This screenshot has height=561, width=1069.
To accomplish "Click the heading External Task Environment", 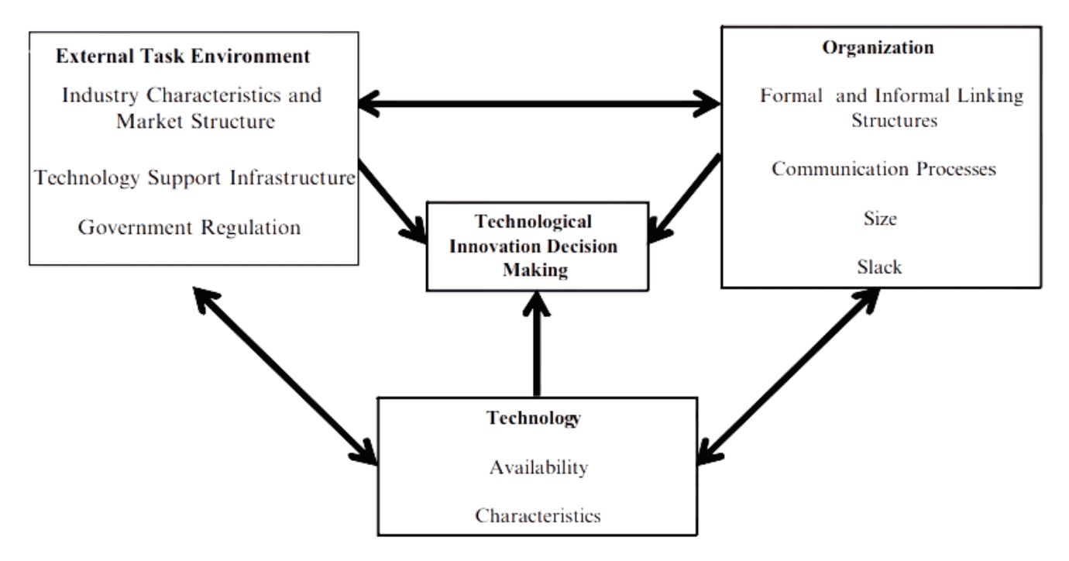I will pos(183,57).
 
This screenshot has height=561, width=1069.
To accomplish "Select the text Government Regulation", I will pos(190,228).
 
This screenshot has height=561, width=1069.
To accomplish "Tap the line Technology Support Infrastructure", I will pos(195,178).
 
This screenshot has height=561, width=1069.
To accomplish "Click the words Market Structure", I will pos(195,122).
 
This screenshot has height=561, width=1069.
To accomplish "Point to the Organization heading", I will pos(878,47).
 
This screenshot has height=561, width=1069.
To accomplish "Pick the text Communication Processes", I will pos(883,169).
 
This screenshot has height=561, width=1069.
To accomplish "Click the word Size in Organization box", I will pos(880,219).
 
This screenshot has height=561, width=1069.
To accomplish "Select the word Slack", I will pos(879,267).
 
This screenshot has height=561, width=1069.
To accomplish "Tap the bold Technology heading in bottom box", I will pos(534,418).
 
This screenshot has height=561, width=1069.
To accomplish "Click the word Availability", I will pos(538,468).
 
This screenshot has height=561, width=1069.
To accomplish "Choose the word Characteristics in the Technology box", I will pos(538,515).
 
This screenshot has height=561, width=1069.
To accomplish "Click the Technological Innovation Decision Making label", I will pos(535,246).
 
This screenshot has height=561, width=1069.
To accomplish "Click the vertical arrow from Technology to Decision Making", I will pos(537,345).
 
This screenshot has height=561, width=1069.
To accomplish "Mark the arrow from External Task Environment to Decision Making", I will pos(392,203).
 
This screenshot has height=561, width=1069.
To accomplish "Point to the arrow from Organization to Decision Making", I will pos(686,198).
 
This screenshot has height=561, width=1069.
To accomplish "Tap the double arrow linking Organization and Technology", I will pos(789,377).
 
